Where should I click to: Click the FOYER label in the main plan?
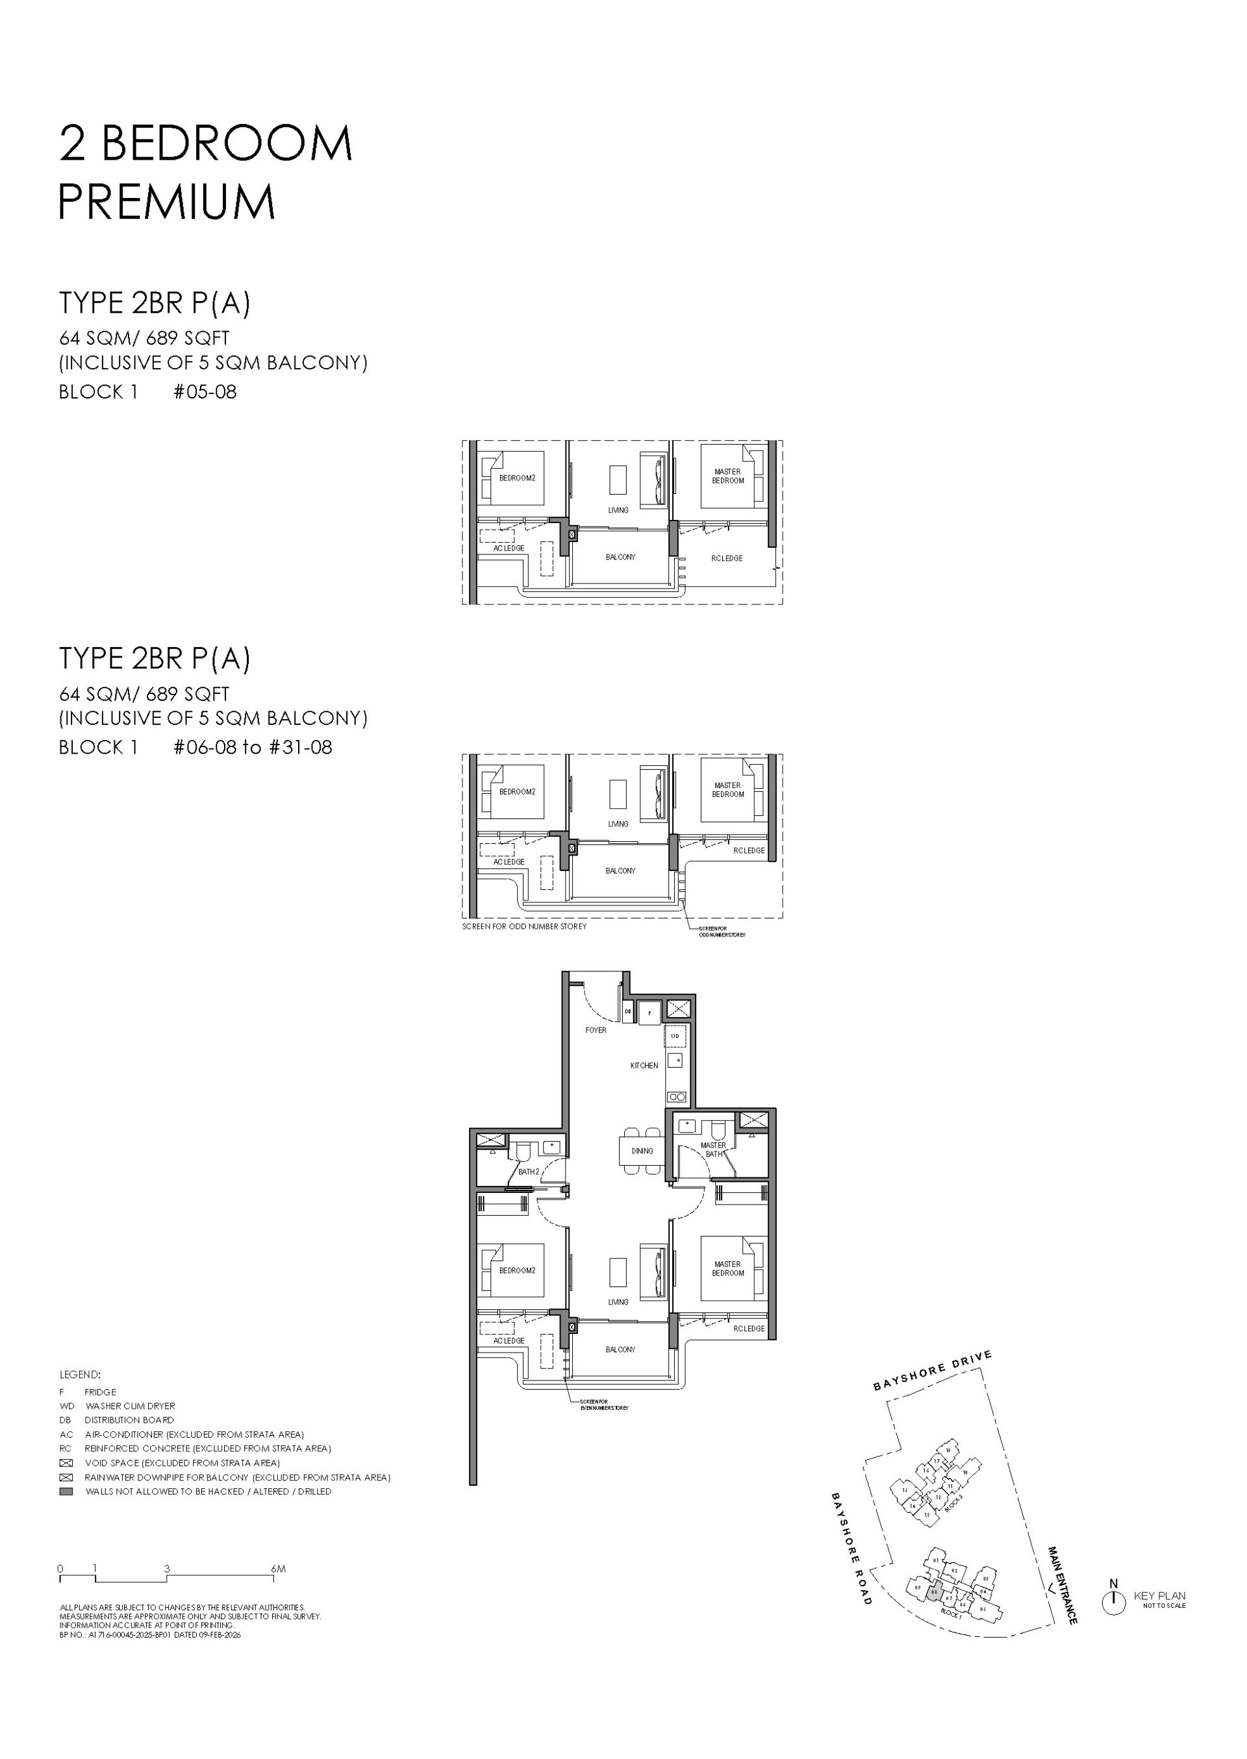pos(595,1030)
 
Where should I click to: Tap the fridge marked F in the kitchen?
pos(649,1013)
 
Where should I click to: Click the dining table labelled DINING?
pos(642,1150)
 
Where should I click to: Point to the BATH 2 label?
pos(527,1172)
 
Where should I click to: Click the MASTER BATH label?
pos(713,1149)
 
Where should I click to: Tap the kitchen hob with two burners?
pos(677,1097)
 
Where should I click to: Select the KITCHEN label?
pos(644,1065)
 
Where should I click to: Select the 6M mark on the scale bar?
pos(278,1569)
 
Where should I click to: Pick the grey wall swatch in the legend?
pos(66,1491)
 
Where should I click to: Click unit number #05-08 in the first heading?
pos(205,391)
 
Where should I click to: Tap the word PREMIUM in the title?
pos(167,202)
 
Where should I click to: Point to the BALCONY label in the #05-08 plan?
pos(620,556)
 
